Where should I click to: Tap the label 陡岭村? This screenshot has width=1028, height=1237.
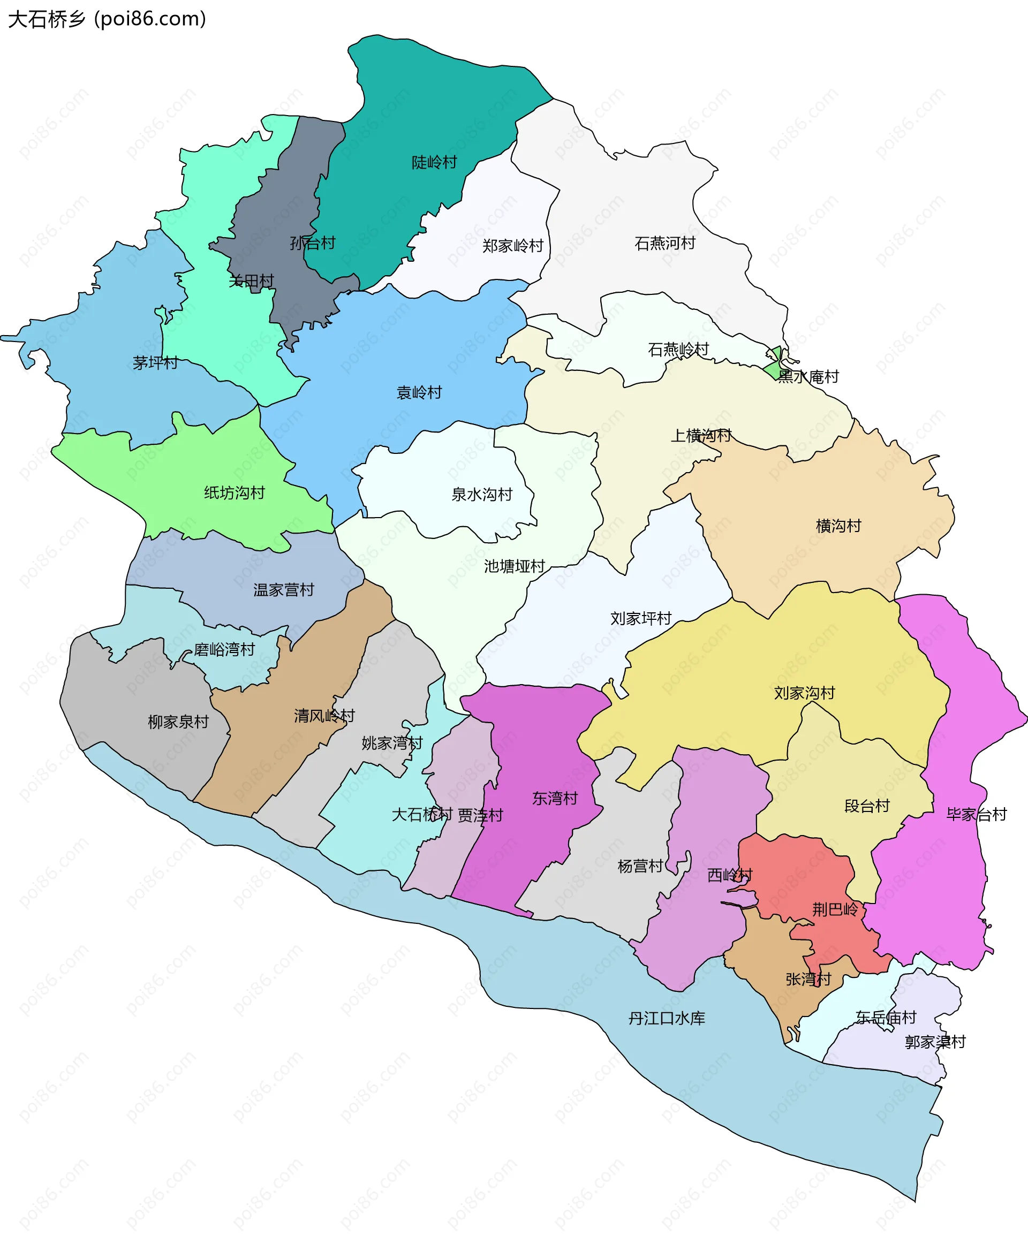(434, 162)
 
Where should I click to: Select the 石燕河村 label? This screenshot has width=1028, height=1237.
(664, 242)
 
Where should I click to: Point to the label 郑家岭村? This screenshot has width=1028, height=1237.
(512, 246)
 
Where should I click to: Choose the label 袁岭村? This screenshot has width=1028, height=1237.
(419, 392)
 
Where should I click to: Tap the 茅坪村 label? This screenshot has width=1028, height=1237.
(155, 363)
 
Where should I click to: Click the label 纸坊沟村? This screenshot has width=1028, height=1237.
(235, 492)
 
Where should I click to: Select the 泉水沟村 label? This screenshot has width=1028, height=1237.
(482, 494)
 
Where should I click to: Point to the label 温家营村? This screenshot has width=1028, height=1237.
(283, 590)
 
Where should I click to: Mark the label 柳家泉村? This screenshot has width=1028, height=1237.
(178, 722)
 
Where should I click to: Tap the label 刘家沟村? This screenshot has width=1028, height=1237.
(804, 693)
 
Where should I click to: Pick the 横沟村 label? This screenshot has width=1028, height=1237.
(838, 526)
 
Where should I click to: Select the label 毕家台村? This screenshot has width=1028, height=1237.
(976, 814)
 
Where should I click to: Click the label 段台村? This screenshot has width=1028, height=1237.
(867, 806)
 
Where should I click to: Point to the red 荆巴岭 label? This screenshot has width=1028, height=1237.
(835, 909)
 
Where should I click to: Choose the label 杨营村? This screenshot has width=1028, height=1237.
(640, 866)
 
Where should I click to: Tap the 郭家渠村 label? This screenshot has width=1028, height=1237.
(935, 1042)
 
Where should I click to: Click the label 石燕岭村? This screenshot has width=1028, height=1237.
(678, 350)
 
